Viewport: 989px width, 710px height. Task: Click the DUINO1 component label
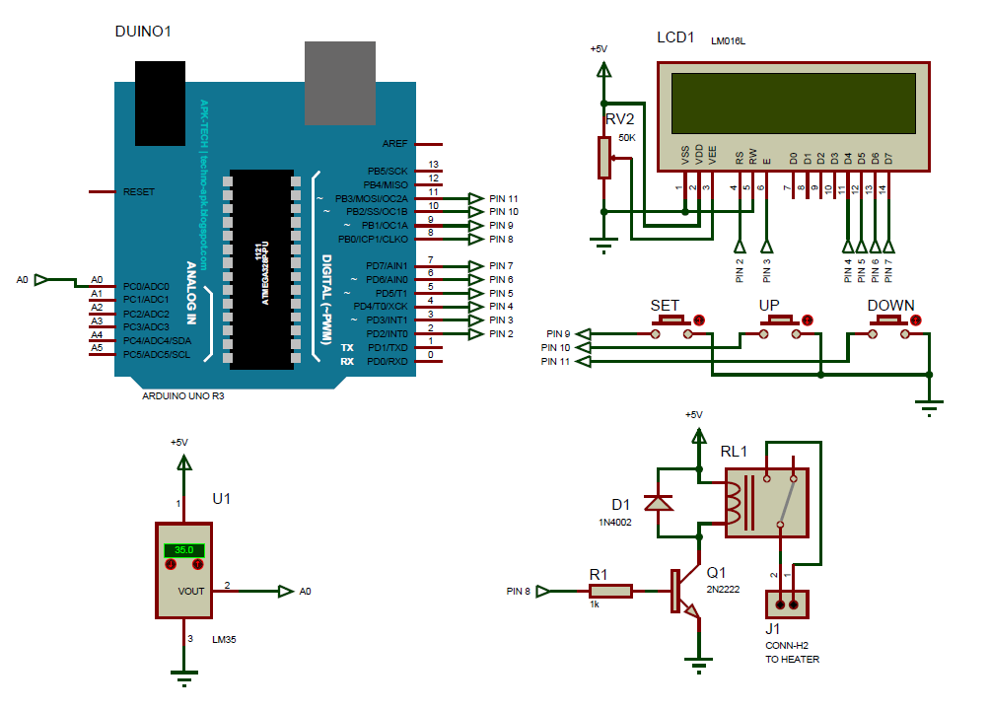click(x=144, y=32)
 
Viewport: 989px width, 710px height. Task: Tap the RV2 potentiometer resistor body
click(x=604, y=158)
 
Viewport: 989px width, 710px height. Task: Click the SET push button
click(x=672, y=320)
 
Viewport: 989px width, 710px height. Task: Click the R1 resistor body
click(x=610, y=592)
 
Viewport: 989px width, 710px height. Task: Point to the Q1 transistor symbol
click(x=681, y=592)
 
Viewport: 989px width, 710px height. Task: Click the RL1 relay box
click(x=767, y=502)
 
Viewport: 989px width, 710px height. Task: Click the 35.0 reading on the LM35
click(x=183, y=550)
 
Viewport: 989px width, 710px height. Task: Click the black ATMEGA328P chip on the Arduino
click(x=261, y=269)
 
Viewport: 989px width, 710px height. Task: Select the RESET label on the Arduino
click(x=138, y=191)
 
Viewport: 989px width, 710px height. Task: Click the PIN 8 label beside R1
click(x=518, y=592)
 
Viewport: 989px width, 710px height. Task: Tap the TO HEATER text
click(x=792, y=659)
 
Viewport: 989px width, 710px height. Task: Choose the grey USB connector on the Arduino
click(x=340, y=83)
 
